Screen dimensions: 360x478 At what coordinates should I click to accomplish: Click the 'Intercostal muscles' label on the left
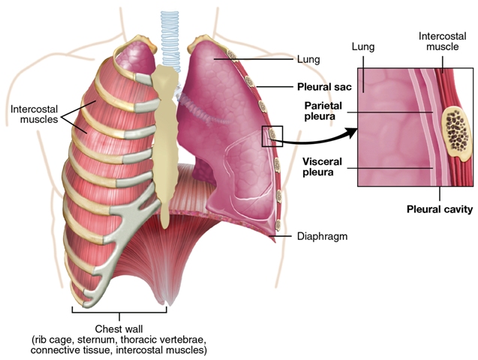click(35, 114)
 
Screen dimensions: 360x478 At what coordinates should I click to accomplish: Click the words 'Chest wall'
click(119, 328)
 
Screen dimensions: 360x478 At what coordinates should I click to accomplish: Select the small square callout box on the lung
click(272, 136)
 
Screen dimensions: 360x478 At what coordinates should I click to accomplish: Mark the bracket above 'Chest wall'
click(119, 310)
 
